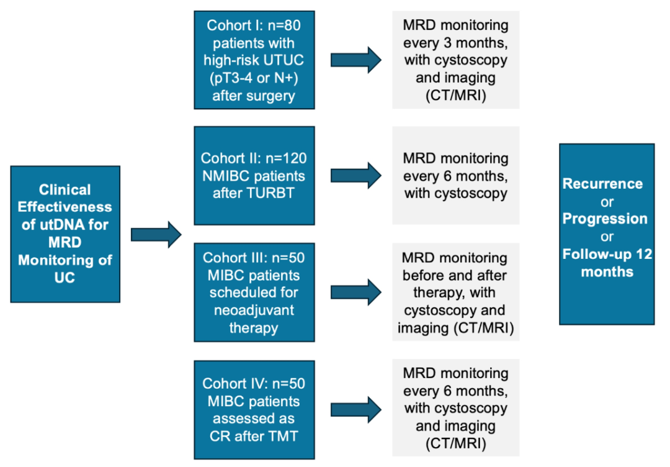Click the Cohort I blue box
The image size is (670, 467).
pyautogui.click(x=254, y=60)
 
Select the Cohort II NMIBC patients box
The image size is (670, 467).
pyautogui.click(x=254, y=175)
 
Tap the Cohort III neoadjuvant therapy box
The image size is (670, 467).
pyautogui.click(x=254, y=292)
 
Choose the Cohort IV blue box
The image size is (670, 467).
pyautogui.click(x=254, y=410)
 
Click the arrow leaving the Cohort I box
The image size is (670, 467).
pyautogui.click(x=356, y=60)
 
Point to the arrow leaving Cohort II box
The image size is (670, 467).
pyautogui.click(x=356, y=176)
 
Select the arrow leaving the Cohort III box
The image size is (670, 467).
pyautogui.click(x=356, y=292)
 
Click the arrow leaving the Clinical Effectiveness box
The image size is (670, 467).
pyautogui.click(x=156, y=235)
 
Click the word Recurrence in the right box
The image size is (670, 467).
pyautogui.click(x=602, y=184)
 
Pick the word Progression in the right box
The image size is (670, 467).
pyautogui.click(x=605, y=219)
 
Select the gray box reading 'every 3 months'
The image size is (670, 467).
pyautogui.click(x=455, y=60)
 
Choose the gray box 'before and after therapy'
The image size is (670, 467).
pyautogui.click(x=455, y=292)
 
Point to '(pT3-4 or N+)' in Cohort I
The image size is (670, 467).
pyautogui.click(x=254, y=78)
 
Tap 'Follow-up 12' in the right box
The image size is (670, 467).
pyautogui.click(x=607, y=254)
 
